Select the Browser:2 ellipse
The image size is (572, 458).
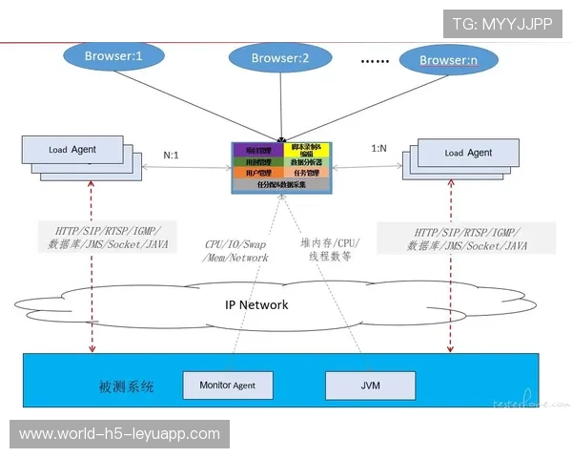pyautogui.click(x=280, y=58)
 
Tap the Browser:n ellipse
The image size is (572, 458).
pyautogui.click(x=448, y=61)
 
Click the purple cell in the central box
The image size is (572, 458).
pyautogui.click(x=255, y=150)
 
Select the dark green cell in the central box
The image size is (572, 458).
pyautogui.click(x=255, y=162)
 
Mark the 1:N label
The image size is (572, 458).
pyautogui.click(x=379, y=148)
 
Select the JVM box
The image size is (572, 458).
pyautogui.click(x=371, y=385)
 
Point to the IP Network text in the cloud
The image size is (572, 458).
pyautogui.click(x=256, y=304)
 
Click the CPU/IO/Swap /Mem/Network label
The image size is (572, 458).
pyautogui.click(x=236, y=250)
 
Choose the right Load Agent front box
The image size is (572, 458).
pyautogui.click(x=469, y=153)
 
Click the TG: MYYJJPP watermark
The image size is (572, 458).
pyautogui.click(x=502, y=23)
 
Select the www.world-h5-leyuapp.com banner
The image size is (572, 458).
pyautogui.click(x=120, y=434)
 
